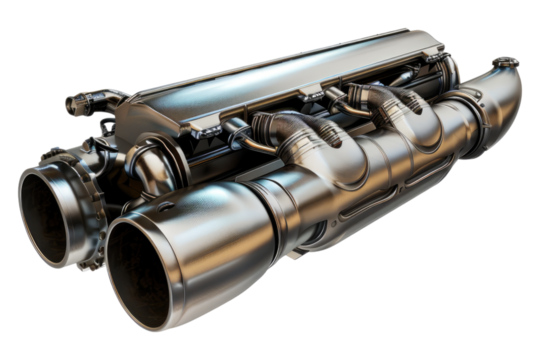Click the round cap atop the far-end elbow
pyautogui.click(x=505, y=61)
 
